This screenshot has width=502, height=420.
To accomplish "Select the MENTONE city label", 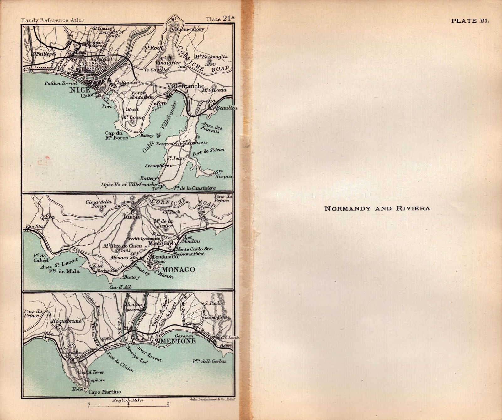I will (178, 341).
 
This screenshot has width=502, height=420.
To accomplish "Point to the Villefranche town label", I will (186, 86).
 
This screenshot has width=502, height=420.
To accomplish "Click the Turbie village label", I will (132, 217).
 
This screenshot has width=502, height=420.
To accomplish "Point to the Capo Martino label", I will (104, 392).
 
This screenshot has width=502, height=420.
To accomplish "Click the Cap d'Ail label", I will (120, 287).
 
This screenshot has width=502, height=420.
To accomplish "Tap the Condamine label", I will (166, 256).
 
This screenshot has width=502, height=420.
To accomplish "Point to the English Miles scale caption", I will (128, 400).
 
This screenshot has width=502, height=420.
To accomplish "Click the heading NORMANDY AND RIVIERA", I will (377, 208).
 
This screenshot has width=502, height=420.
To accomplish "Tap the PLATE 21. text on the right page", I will (470, 21).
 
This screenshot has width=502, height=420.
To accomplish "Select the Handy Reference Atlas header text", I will (52, 20).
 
